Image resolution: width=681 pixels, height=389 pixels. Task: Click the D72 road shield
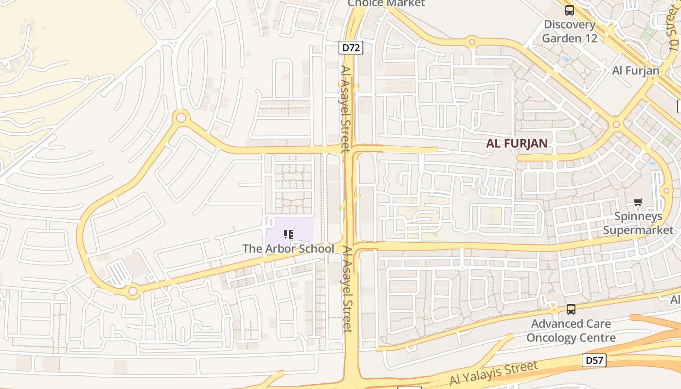pyautogui.click(x=351, y=48)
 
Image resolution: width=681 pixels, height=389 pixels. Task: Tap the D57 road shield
pyautogui.click(x=594, y=360)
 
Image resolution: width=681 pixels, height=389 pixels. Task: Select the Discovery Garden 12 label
pyautogui.click(x=569, y=31)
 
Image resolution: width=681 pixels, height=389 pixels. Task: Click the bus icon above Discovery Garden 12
pyautogui.click(x=570, y=10)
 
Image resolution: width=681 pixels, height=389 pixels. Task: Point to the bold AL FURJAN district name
pyautogui.click(x=517, y=143)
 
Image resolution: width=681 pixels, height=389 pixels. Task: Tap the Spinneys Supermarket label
pyautogui.click(x=638, y=223)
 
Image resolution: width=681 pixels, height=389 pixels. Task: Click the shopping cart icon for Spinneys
pyautogui.click(x=638, y=202)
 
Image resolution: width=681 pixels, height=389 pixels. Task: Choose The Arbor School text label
pyautogui.click(x=288, y=248)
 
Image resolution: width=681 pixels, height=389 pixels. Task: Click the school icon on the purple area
pyautogui.click(x=288, y=234)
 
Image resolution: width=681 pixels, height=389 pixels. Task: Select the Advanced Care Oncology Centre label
pyautogui.click(x=571, y=331)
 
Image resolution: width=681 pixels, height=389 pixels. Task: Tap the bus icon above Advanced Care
pyautogui.click(x=571, y=309)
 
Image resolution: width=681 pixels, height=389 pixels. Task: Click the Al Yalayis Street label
pyautogui.click(x=494, y=373)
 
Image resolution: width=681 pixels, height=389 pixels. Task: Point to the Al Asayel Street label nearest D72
pyautogui.click(x=345, y=109)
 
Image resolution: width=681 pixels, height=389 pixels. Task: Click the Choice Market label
pyautogui.click(x=386, y=3)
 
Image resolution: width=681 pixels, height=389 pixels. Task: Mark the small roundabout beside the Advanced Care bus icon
pyautogui.click(x=554, y=309)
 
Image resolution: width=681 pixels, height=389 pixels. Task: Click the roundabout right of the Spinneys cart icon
pyautogui.click(x=666, y=191)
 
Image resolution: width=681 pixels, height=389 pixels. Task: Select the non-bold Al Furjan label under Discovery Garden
pyautogui.click(x=635, y=71)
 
